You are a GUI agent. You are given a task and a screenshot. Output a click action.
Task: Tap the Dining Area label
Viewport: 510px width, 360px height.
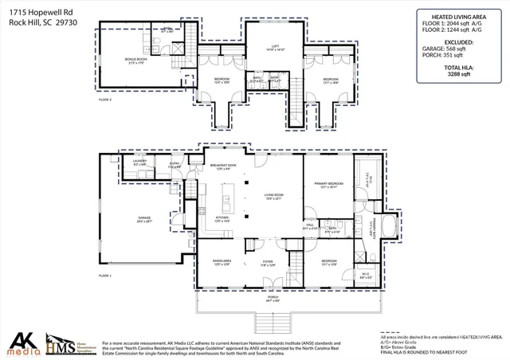pyautogui.click(x=222, y=261)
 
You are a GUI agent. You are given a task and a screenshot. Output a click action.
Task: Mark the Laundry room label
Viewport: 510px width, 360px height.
pyautogui.click(x=139, y=162)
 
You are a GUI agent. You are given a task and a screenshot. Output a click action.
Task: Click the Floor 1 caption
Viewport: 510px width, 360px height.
pyautogui.click(x=104, y=275)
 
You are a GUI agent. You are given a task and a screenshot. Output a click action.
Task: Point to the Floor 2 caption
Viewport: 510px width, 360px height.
pyautogui.click(x=104, y=100)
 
